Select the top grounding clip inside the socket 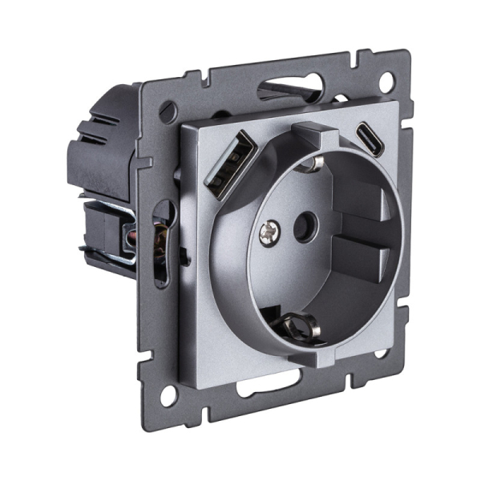point(311,164)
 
